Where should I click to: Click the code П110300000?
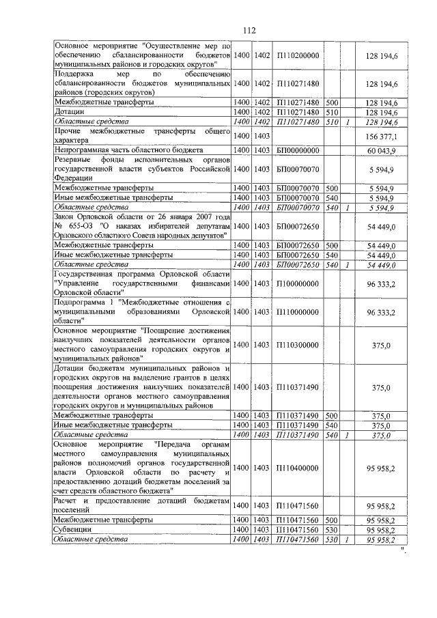coord(298,346)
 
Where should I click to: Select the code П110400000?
coord(298,468)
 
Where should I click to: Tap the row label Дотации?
coord(70,111)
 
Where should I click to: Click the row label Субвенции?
coord(74,529)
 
